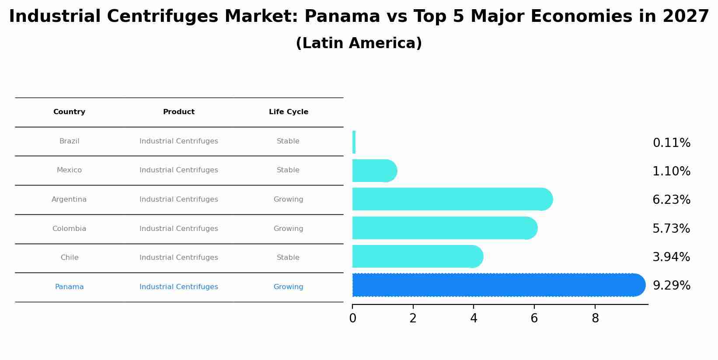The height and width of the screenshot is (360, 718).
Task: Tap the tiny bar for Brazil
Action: coord(354,142)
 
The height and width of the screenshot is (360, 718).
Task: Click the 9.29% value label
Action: coord(671,286)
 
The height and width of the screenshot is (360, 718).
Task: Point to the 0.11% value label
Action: coord(671,143)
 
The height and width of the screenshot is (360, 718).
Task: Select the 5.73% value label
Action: coord(671,229)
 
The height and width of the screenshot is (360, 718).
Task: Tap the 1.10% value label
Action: coord(671,171)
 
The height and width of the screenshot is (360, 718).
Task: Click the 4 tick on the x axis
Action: coord(474,318)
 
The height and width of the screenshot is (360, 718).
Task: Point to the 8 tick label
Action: coord(595,318)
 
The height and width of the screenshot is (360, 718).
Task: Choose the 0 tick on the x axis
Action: coord(352,318)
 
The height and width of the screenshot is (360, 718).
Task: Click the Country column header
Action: coord(69,112)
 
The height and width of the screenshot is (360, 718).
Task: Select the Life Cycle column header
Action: coord(288,112)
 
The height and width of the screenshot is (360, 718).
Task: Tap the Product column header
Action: coord(178,112)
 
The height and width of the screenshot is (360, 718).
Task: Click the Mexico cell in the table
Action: coord(69,170)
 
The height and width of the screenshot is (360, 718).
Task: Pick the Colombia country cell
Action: coord(69,229)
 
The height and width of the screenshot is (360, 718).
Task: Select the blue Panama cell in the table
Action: coord(69,287)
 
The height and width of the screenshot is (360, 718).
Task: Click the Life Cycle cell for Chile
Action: coord(288,258)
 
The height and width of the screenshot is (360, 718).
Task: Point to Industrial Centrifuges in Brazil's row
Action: coord(178,141)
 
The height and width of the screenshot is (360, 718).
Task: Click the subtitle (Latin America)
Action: coord(359,43)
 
